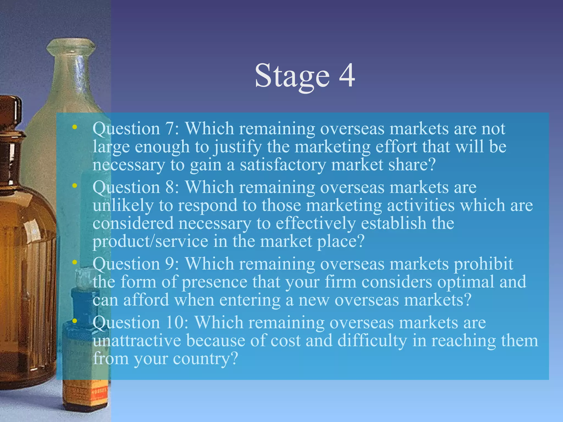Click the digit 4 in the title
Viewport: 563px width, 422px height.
(x=347, y=76)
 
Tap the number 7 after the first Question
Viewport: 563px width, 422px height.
(x=170, y=128)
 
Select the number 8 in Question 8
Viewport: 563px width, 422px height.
(x=170, y=187)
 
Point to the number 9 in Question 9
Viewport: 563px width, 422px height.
(x=170, y=264)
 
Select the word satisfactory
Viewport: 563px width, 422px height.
(x=283, y=165)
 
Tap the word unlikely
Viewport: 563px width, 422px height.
(x=123, y=206)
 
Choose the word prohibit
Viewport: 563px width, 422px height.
(x=483, y=264)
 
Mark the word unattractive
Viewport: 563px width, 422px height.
(x=137, y=341)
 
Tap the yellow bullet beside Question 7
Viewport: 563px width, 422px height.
(x=74, y=127)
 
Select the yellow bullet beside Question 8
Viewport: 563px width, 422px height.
(x=74, y=186)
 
